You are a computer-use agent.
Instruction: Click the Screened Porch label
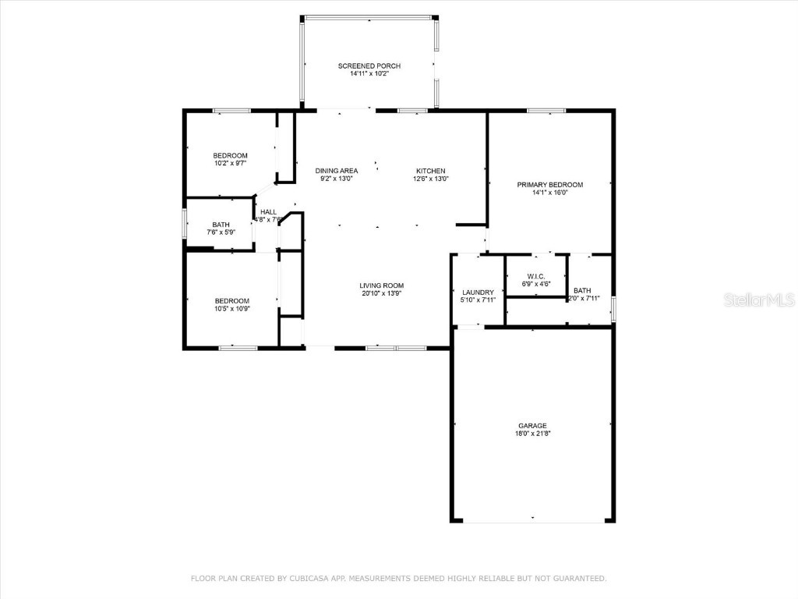click(369, 66)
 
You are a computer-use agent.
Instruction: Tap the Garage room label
click(532, 426)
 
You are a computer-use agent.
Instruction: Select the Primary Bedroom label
click(549, 185)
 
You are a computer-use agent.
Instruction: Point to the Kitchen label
click(430, 171)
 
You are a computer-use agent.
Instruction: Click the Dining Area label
click(336, 171)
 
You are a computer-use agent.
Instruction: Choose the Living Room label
click(381, 285)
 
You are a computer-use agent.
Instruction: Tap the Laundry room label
click(478, 292)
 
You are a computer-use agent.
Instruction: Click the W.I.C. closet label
click(535, 276)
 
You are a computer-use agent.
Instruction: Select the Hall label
click(268, 212)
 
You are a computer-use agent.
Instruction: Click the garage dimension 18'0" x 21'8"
click(532, 434)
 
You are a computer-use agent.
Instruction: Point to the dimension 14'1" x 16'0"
click(549, 193)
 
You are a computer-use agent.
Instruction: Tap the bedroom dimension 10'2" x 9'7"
click(231, 163)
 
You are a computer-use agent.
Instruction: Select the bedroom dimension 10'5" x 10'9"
click(231, 309)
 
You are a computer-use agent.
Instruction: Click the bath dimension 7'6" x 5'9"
click(221, 232)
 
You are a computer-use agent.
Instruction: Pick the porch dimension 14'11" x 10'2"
click(369, 74)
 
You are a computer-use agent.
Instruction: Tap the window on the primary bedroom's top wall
click(546, 111)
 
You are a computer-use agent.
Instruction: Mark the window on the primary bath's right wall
click(613, 308)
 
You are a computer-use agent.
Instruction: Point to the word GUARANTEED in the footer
click(581, 579)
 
